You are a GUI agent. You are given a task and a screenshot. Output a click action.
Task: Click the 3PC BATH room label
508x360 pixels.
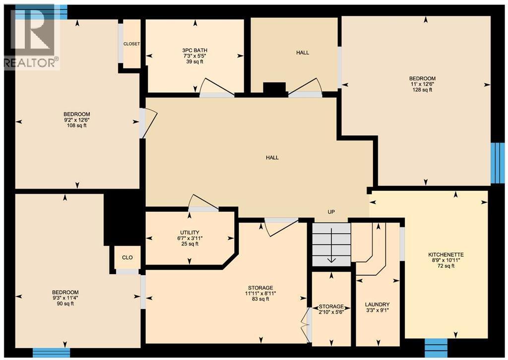(x=194, y=50)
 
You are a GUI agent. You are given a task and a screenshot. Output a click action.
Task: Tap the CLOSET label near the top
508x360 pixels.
(x=131, y=44)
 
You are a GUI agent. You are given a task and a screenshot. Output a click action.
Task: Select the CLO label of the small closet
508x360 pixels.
(x=127, y=258)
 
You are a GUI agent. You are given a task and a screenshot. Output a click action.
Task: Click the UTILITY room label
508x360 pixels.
(x=190, y=232)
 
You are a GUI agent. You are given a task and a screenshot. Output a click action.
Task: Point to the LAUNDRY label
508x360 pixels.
(x=377, y=304)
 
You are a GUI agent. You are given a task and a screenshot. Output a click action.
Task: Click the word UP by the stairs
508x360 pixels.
(x=331, y=212)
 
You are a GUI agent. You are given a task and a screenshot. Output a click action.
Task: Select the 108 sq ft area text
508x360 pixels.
(x=76, y=126)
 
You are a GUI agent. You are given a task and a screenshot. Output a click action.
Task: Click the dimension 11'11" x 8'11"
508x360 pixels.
(x=260, y=293)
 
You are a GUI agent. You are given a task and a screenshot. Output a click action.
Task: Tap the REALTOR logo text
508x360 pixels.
(x=31, y=63)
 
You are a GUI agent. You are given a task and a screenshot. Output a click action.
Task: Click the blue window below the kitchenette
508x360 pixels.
(x=436, y=345)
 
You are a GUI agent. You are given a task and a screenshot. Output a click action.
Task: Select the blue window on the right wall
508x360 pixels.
(x=497, y=163)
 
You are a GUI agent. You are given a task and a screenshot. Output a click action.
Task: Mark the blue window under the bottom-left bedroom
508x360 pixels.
(x=48, y=353)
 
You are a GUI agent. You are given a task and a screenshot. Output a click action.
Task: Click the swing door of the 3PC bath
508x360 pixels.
(x=216, y=88)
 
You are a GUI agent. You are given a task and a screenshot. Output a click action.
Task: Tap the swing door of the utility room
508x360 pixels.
(x=203, y=204)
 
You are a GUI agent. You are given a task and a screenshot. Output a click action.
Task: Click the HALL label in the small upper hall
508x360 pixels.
(x=303, y=52)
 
